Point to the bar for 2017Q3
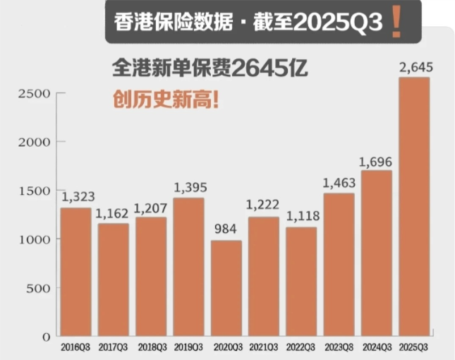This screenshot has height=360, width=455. [113, 280]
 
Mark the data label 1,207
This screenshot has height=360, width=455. [150, 208]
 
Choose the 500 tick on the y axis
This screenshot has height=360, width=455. [38, 288]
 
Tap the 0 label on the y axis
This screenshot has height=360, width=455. [45, 337]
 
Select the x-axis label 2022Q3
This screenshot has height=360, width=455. [301, 347]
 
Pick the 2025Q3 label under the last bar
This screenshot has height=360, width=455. [414, 347]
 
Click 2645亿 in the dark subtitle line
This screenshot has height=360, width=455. [269, 68]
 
